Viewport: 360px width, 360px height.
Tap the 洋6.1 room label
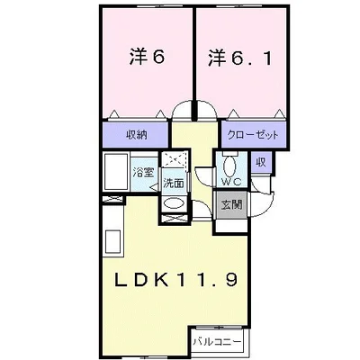pos(239,58)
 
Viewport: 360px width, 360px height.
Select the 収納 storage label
pos(136,134)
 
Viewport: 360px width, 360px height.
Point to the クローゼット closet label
pos(253,135)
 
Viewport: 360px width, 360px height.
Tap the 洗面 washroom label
pos(173,183)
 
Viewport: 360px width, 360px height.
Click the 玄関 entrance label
pos(232,204)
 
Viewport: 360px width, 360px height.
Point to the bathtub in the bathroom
pos(115,174)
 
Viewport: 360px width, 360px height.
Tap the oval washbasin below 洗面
pos(173,204)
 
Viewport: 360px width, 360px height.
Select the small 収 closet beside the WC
pos(260,163)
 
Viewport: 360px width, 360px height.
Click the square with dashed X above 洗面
pos(175,163)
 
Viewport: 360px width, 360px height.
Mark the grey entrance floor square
pos(232,204)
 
